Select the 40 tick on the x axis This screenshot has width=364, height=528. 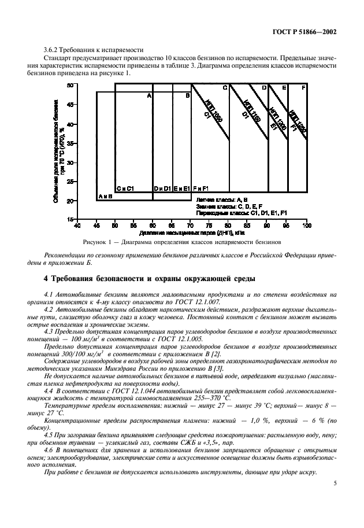pyautogui.click(x=77, y=226)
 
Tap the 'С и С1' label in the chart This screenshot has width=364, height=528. pyautogui.click(x=125, y=189)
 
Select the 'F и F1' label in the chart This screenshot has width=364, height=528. pyautogui.click(x=202, y=189)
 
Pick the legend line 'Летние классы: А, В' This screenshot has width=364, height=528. pyautogui.click(x=222, y=199)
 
